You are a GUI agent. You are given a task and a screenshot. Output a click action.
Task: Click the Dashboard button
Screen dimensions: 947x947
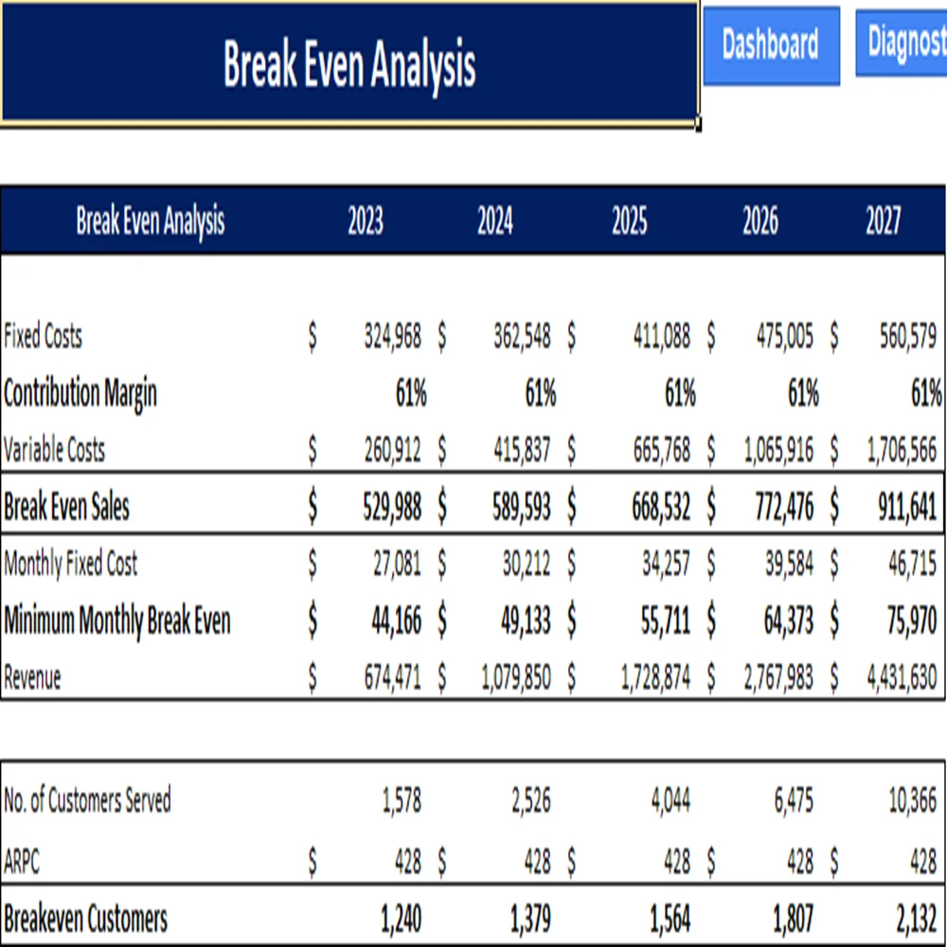click(x=770, y=45)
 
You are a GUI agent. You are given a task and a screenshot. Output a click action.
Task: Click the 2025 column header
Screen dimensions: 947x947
click(x=630, y=222)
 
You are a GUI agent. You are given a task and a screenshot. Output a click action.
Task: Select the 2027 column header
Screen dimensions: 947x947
click(x=884, y=222)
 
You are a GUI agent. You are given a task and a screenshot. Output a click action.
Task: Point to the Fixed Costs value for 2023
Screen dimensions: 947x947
click(x=392, y=337)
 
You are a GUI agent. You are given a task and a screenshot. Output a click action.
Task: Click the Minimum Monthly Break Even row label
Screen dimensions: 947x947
click(x=117, y=622)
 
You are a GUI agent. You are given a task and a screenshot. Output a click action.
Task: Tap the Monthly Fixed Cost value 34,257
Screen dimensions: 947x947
click(x=663, y=565)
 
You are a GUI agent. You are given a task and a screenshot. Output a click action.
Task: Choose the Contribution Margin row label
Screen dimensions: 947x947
click(x=80, y=394)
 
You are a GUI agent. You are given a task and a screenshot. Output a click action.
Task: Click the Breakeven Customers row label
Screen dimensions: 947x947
click(x=85, y=919)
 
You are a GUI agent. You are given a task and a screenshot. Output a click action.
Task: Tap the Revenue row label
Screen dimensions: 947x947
click(x=32, y=679)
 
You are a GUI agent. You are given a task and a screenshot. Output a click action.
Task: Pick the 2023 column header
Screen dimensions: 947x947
click(x=366, y=222)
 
